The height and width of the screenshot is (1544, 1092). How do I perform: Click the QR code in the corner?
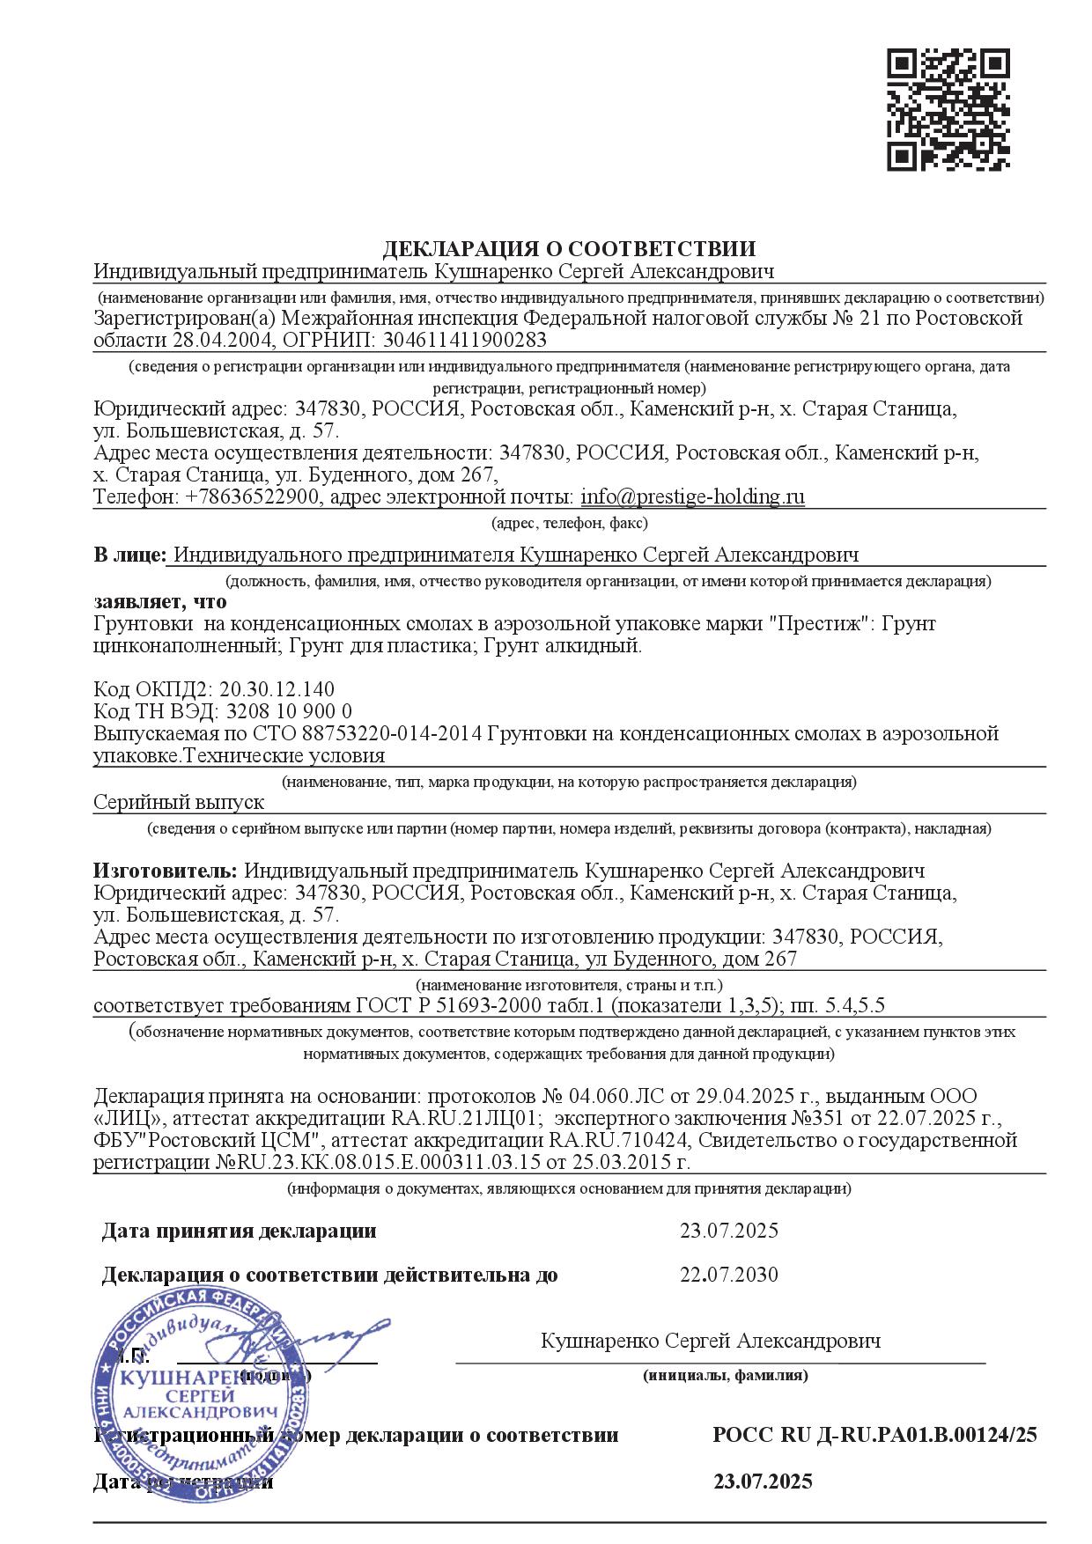point(948,109)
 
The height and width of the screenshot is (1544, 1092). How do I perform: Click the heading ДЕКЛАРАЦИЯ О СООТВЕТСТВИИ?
point(569,248)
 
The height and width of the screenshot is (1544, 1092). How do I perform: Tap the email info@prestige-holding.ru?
point(692,496)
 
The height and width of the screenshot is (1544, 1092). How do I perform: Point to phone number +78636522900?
point(254,496)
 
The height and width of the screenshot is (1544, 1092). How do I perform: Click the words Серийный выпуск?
point(179,802)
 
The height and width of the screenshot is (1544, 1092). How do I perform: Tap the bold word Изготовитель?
point(166,871)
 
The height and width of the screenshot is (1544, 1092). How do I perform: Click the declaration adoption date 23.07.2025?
point(728,1231)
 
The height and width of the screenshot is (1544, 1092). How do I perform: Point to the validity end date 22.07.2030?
point(728,1275)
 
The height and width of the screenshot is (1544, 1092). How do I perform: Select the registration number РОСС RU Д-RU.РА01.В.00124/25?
point(874,1436)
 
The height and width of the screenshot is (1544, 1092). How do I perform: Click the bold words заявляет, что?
point(160,602)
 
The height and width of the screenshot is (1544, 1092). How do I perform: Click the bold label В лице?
point(129,555)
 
